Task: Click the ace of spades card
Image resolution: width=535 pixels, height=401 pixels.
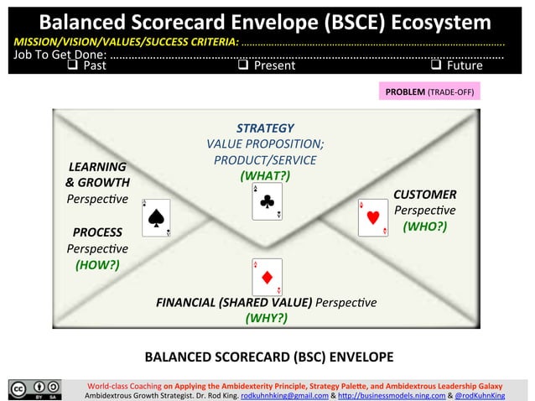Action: (156, 218)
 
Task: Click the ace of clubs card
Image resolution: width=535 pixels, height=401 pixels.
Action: (267, 202)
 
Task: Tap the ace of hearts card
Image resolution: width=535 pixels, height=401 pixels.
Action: (373, 218)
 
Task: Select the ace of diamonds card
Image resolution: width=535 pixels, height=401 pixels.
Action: (267, 277)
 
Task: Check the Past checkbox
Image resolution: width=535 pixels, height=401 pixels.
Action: (73, 65)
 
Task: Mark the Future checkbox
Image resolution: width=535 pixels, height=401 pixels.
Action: (435, 65)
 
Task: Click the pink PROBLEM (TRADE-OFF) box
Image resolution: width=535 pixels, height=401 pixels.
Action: (428, 91)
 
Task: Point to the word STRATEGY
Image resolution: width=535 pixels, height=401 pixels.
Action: (265, 128)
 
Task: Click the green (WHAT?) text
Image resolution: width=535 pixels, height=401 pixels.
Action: (265, 175)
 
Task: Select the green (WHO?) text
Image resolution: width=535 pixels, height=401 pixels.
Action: (424, 227)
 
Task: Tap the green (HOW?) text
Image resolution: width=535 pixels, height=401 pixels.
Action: (97, 264)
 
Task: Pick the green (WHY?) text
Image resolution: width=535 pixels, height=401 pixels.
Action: (266, 318)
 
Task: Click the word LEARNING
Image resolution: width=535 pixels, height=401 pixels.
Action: (97, 166)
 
